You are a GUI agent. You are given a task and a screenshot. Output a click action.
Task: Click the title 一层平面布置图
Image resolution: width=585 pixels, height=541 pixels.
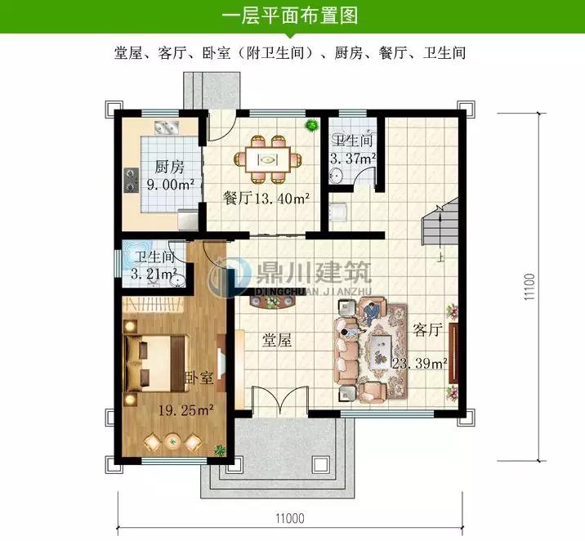(290, 16)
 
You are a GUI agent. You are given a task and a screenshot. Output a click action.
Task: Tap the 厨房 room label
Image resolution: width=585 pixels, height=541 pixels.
(169, 167)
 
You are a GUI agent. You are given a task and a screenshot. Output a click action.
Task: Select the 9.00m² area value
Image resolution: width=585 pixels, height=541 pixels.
(170, 185)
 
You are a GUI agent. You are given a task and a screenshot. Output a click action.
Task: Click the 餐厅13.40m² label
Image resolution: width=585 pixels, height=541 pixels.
(266, 198)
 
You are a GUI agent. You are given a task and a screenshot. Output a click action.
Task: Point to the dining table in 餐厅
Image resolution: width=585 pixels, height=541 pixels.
(268, 159)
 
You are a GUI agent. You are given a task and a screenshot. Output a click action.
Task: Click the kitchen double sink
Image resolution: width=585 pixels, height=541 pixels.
(167, 127)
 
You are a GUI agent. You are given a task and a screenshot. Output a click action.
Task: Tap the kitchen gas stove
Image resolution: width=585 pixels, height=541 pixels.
(132, 180)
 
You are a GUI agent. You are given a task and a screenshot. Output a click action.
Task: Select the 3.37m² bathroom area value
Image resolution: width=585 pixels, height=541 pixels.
(353, 159)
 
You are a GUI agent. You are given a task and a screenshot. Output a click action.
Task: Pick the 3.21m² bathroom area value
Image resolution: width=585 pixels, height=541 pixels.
(154, 274)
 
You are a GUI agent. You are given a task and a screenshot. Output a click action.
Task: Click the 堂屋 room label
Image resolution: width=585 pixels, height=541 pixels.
(276, 340)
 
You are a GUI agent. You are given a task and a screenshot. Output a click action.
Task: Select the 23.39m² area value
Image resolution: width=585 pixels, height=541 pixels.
(419, 363)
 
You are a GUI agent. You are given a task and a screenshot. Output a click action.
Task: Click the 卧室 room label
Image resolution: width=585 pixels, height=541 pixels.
(199, 378)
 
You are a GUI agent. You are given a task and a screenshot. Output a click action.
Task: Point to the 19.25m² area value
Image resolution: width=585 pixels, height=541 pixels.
(185, 411)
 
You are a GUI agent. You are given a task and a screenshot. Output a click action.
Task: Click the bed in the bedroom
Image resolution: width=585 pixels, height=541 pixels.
(157, 364)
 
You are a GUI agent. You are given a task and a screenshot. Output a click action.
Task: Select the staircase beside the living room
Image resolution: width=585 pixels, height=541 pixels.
(440, 221)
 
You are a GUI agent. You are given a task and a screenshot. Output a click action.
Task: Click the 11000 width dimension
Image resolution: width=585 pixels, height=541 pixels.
(290, 518)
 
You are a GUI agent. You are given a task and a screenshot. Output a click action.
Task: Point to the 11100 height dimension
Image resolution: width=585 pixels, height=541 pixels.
(529, 287)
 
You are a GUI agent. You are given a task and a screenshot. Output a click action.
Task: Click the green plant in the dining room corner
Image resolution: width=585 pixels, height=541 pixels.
(311, 125)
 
